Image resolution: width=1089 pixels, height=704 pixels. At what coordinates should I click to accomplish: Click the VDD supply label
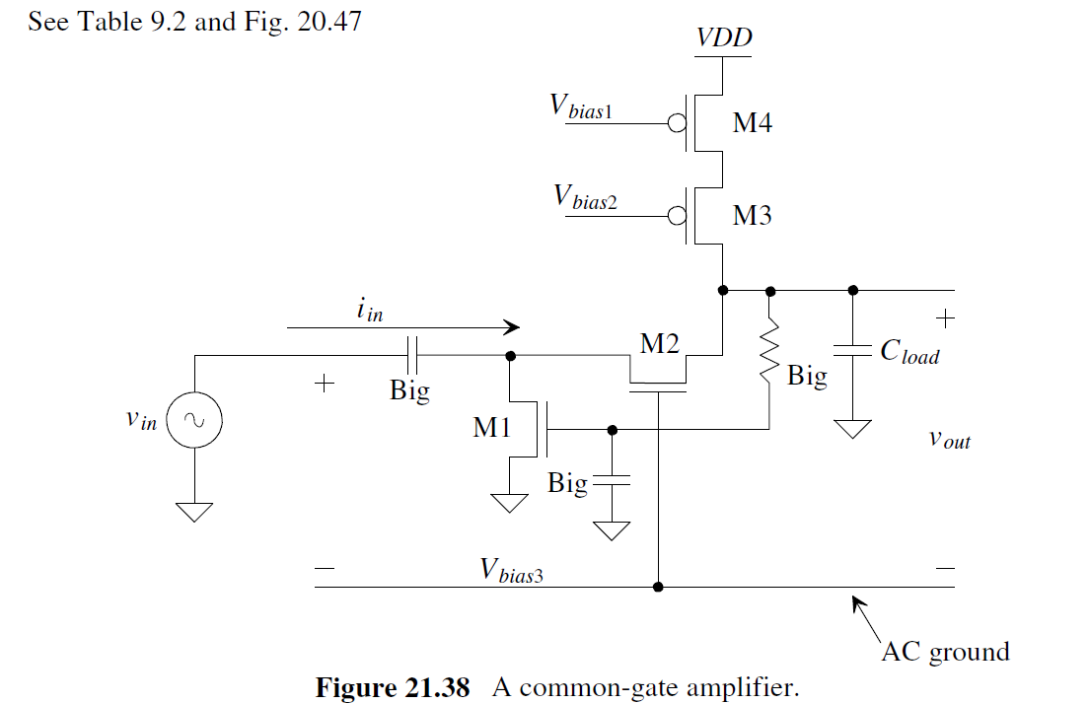pos(724,38)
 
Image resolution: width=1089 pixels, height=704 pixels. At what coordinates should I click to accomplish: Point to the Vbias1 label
pos(581,107)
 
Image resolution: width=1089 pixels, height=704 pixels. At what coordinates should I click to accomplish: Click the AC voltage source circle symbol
pos(194,421)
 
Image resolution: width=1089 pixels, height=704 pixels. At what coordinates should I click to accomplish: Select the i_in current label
pos(370,310)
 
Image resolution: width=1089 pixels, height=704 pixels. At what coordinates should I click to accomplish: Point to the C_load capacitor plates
pos(852,350)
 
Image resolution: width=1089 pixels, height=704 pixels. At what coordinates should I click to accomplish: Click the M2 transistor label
pos(660,344)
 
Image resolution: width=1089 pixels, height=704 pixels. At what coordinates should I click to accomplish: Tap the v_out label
pos(950,439)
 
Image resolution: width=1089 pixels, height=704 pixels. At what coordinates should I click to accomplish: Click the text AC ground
pos(945,652)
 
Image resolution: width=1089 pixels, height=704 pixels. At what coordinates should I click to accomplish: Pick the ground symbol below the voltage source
pos(194,511)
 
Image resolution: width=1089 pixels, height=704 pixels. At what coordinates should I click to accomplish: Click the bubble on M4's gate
pos(677,124)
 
